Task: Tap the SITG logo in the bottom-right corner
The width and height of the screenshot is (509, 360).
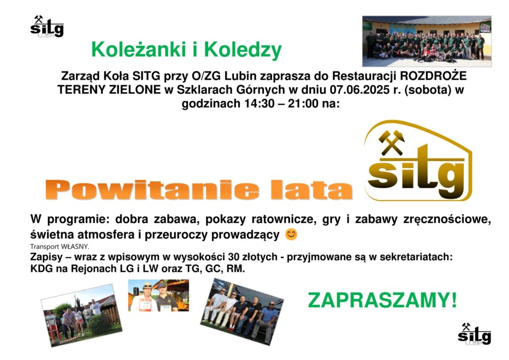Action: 474,334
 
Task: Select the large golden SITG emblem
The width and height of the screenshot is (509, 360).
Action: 418,161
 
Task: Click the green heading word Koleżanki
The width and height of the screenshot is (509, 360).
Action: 140,50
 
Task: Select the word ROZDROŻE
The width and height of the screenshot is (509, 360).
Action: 433,76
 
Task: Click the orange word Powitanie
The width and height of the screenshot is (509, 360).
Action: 153,190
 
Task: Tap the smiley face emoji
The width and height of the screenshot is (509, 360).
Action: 291,234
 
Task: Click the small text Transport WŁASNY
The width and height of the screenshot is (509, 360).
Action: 60,247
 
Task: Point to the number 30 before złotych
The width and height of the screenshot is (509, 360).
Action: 234,257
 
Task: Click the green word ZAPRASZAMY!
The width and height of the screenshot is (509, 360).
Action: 382,300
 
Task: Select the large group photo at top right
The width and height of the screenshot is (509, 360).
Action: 427,41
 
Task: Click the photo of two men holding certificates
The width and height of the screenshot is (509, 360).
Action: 159,295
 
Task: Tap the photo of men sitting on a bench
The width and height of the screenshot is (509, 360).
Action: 242,312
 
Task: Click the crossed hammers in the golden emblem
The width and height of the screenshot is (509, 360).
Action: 392,142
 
